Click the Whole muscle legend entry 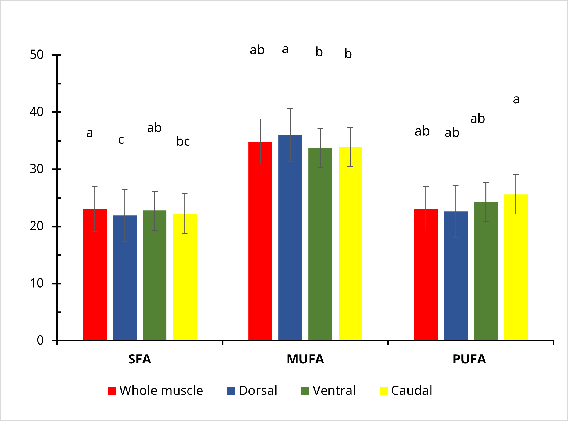pyautogui.click(x=156, y=391)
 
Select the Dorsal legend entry pyautogui.click(x=252, y=391)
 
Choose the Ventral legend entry pyautogui.click(x=328, y=391)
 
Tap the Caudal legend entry pyautogui.click(x=406, y=391)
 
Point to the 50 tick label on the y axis pyautogui.click(x=37, y=55)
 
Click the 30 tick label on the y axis pyautogui.click(x=37, y=169)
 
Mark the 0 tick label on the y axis pyautogui.click(x=40, y=340)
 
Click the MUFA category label pyautogui.click(x=305, y=359)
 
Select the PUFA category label pyautogui.click(x=469, y=359)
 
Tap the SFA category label pyautogui.click(x=140, y=359)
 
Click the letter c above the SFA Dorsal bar pyautogui.click(x=121, y=140)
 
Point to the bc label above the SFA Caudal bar pyautogui.click(x=183, y=141)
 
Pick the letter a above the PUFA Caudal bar pyautogui.click(x=516, y=99)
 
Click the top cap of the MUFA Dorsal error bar pyautogui.click(x=290, y=109)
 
